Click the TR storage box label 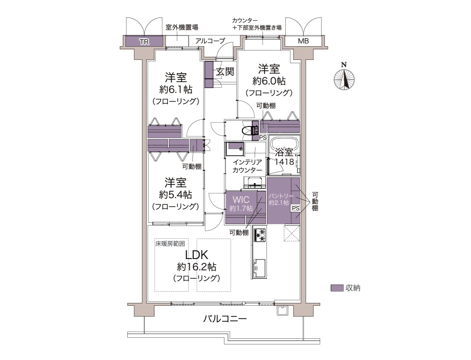pos(144,42)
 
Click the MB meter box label pos(303,41)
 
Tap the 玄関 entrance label pos(225,72)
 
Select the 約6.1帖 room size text pos(176,90)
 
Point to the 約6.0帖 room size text pos(269,81)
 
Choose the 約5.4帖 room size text pos(175,195)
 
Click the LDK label pos(197,255)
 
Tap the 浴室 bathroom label pos(284,152)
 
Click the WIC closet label pos(241,200)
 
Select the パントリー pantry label pos(281,196)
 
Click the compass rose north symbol pos(344,80)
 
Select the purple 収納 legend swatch pos(337,288)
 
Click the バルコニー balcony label pos(225,318)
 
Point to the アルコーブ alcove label pos(210,41)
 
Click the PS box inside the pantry pos(295,208)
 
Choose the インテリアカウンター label pos(248,166)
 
